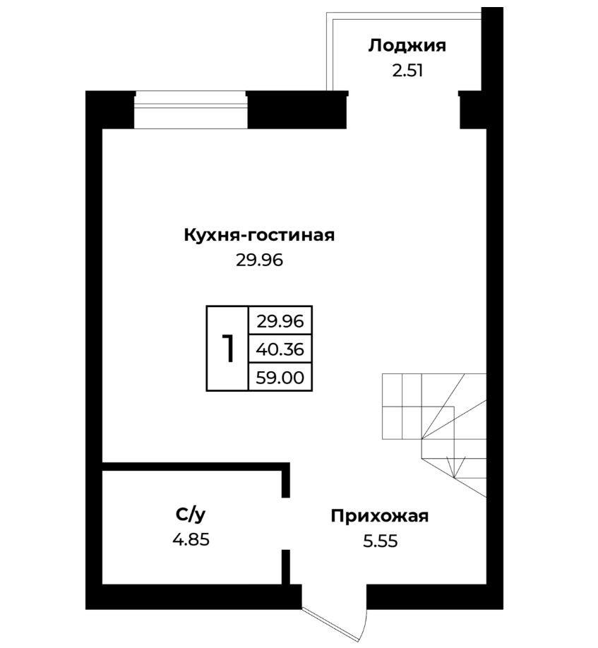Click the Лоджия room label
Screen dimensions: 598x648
coord(407,46)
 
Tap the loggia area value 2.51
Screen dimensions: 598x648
coord(407,71)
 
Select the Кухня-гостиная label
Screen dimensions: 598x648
coord(259,235)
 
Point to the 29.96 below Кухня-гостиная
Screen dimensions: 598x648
coord(260,260)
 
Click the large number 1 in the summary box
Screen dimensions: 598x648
coord(228,349)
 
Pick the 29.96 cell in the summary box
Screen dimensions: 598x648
coord(280,321)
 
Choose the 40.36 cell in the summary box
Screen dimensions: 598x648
coord(280,349)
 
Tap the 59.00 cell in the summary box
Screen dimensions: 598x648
coord(280,378)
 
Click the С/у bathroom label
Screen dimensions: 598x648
coord(191,515)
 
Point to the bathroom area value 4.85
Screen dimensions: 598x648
coord(191,540)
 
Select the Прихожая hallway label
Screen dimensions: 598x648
coord(380,516)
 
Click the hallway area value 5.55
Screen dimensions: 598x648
coord(381,541)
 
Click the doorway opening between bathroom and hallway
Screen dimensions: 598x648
coord(285,524)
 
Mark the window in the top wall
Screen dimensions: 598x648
coord(191,109)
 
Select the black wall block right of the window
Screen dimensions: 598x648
coord(297,109)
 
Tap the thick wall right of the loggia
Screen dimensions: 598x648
coord(492,49)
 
